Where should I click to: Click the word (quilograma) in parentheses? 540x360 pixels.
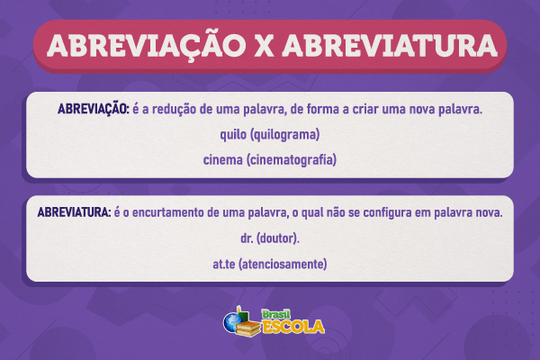(x=285, y=135)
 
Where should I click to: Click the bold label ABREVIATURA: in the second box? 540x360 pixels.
(x=74, y=214)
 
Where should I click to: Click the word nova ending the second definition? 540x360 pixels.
(x=487, y=214)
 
